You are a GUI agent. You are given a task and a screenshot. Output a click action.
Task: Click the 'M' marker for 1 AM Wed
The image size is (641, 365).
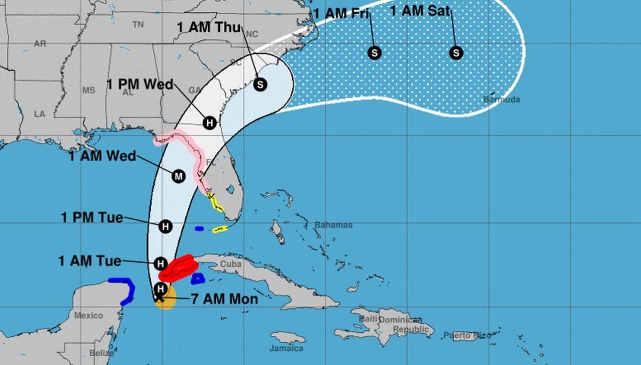tap(178, 176)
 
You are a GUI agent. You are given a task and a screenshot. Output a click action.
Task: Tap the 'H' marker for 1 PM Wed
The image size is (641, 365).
tap(210, 123)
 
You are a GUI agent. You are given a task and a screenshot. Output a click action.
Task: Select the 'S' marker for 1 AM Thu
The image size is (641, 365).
tap(260, 84)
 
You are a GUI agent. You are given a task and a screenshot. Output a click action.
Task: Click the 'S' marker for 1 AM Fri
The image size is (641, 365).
tap(374, 53)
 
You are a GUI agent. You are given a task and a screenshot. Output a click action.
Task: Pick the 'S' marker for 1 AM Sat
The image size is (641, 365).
tap(456, 53)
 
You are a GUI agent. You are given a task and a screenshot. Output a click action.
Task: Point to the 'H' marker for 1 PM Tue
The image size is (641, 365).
tap(166, 226)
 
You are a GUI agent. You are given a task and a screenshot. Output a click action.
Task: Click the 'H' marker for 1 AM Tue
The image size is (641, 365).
tap(160, 263)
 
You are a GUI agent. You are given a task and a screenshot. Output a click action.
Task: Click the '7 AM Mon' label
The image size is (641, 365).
tap(224, 299)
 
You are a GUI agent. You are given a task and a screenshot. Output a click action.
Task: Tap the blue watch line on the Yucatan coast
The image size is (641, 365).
tap(126, 288)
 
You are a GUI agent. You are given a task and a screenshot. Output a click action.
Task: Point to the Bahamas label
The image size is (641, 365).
tap(333, 225)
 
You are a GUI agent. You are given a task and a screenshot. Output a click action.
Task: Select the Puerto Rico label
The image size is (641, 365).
tap(467, 335)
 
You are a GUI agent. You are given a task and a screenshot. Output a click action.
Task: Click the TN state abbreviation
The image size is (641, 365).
tap(138, 25)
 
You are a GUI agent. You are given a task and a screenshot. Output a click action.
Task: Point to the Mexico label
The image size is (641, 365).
tap(88, 315)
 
